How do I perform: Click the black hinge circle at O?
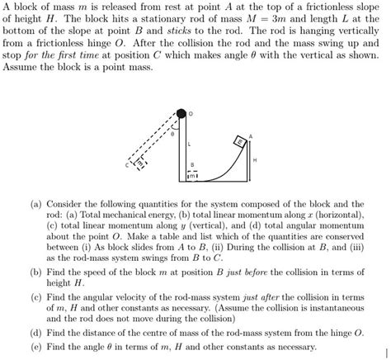pos(180,113)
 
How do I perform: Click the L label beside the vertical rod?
pos(188,144)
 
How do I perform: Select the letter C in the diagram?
pos(128,165)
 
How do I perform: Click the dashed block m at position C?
pos(139,163)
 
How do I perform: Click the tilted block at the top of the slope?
pos(239,141)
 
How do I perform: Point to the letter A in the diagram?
pos(251,135)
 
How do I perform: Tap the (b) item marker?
pos(35,270)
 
